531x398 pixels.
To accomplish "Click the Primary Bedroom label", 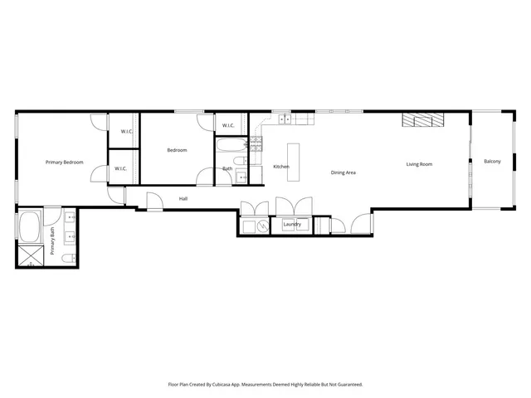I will point(64,162).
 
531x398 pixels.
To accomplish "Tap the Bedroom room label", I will point(177,150).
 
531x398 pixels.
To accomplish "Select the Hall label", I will point(183,199).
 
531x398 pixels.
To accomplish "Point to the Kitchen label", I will point(281,167).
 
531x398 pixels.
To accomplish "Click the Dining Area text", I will point(343,172).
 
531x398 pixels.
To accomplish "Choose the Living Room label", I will point(419,164).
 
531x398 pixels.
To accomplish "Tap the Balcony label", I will point(492,161).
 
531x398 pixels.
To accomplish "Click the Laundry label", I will point(291,225).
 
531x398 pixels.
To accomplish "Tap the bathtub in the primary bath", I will point(29,226).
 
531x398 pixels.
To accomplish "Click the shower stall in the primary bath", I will point(30,255).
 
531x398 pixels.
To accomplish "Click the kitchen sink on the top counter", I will point(285,119).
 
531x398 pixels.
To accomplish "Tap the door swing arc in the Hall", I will point(154,201).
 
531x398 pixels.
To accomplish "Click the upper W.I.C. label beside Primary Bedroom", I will point(127,132).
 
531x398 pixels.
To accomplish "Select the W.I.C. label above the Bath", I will point(228,126).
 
